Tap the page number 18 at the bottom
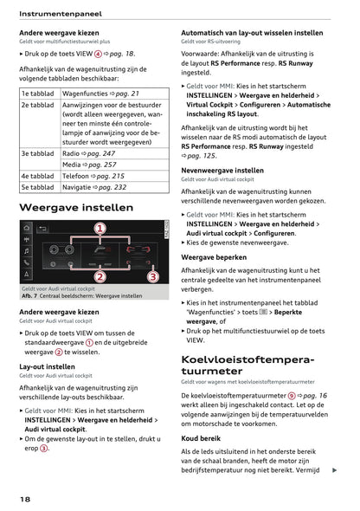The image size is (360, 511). click(27, 500)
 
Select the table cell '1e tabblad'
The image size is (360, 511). click(38, 93)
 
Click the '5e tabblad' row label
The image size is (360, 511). click(38, 187)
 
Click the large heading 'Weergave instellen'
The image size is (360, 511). click(76, 208)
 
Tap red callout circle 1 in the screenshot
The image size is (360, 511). click(100, 230)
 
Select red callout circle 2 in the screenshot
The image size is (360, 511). click(100, 277)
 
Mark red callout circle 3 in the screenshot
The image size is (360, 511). click(152, 277)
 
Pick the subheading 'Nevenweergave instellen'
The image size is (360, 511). click(222, 171)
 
